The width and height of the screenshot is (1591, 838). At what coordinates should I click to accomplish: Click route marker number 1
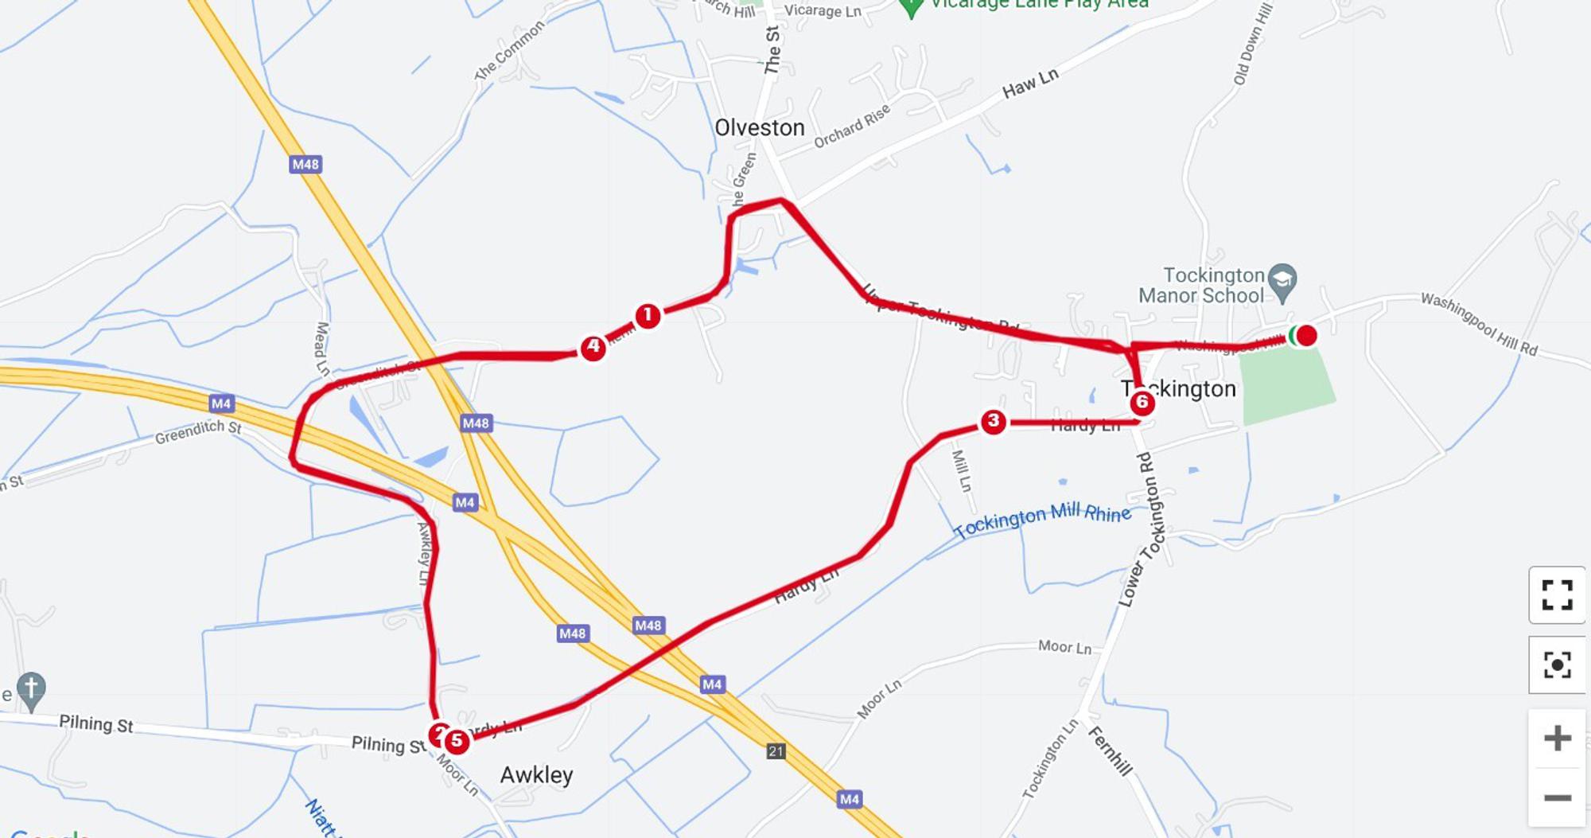[648, 316]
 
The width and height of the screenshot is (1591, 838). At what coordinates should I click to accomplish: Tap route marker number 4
[593, 347]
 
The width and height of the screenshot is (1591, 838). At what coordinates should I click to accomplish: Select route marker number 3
[993, 421]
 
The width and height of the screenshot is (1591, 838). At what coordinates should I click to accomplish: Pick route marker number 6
[1142, 403]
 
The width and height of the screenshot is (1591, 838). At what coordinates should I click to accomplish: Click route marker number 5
[457, 741]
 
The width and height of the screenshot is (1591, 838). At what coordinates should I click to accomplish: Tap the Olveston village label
[759, 127]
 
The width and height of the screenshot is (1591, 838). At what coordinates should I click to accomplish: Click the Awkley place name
[536, 775]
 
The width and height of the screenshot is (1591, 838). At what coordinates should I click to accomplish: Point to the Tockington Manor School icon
[1282, 282]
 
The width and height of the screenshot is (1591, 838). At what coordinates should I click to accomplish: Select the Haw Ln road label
[1030, 83]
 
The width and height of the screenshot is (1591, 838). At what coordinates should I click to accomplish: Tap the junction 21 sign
[776, 750]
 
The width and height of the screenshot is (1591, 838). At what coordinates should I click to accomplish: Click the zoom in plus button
[1557, 739]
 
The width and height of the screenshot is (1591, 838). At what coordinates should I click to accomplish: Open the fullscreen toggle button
[1557, 594]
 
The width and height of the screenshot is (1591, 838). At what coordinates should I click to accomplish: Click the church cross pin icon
[31, 689]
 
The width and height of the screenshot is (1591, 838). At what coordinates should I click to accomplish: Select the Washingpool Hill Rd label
[1479, 324]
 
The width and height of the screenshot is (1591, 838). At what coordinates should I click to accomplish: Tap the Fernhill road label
[1110, 750]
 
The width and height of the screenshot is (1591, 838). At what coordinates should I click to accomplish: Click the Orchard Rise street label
[851, 127]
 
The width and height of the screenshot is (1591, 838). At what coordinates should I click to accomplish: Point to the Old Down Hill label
[1252, 44]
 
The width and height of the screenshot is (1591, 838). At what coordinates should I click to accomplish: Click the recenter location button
[1557, 665]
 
